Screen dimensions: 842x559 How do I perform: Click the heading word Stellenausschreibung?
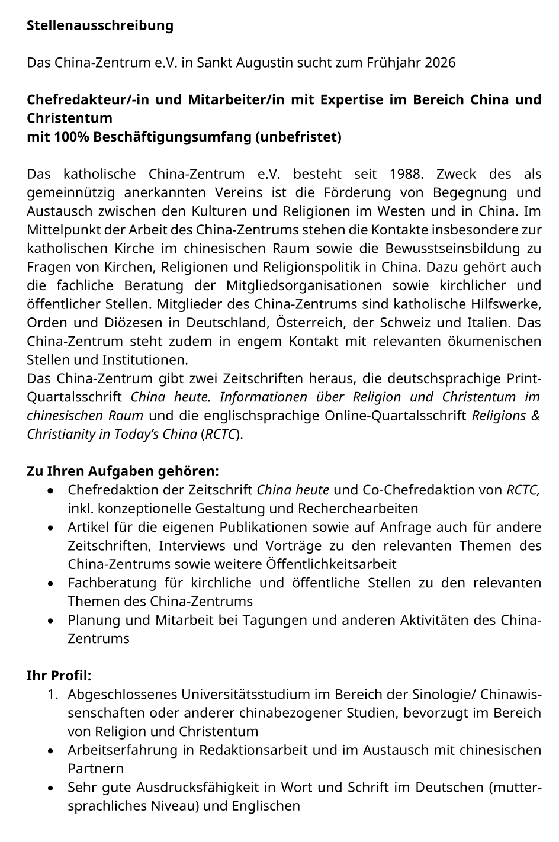(x=100, y=25)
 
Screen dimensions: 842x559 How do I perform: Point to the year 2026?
(x=440, y=62)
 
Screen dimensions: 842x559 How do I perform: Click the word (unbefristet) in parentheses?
(x=298, y=137)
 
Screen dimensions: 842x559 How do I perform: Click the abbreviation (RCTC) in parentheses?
(x=222, y=434)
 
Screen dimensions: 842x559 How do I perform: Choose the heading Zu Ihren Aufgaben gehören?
(x=123, y=471)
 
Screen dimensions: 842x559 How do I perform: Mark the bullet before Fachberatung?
(x=53, y=584)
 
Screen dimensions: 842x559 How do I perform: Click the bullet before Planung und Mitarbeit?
(x=53, y=621)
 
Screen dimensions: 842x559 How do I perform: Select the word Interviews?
(x=192, y=545)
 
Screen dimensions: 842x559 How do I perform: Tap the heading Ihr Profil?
(x=59, y=676)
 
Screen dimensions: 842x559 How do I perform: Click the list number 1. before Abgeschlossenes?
(x=54, y=694)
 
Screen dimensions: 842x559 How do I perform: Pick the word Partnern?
(x=96, y=769)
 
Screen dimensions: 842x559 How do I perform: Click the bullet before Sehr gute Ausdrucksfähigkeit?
(x=53, y=788)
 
